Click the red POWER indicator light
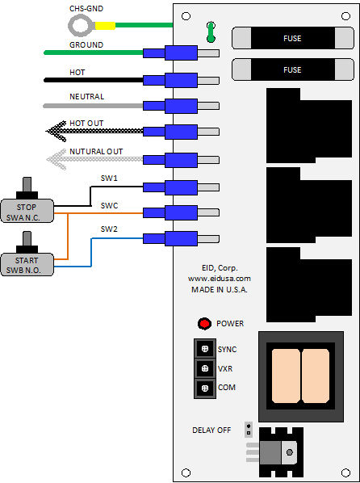click(x=204, y=324)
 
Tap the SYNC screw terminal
click(x=205, y=349)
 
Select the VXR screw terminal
click(x=205, y=368)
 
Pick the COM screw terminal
click(x=205, y=388)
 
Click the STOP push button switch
click(x=27, y=200)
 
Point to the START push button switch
click(x=27, y=254)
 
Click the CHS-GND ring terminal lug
click(x=82, y=26)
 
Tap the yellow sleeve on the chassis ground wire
click(x=105, y=26)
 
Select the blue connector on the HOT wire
click(x=170, y=81)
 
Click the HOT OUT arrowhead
click(x=56, y=132)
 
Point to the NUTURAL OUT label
click(x=96, y=152)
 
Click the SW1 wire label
click(x=109, y=178)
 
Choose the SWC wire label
click(x=109, y=205)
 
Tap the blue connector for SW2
click(x=170, y=239)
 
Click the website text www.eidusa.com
click(x=220, y=279)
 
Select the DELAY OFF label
click(x=211, y=430)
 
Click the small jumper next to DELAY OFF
click(x=249, y=430)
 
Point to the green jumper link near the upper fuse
click(x=211, y=31)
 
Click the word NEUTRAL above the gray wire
click(x=87, y=96)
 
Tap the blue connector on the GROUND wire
click(x=170, y=53)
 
